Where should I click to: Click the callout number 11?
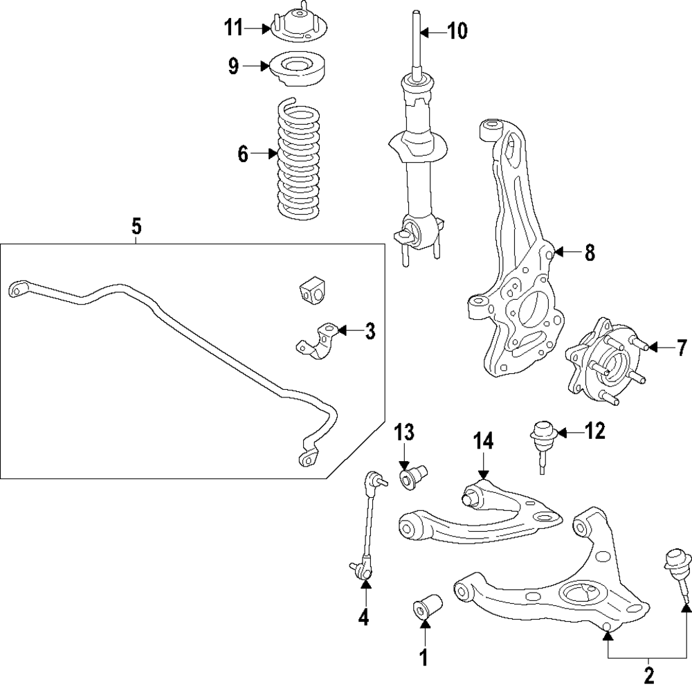[x=233, y=29]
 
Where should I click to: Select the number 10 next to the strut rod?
[x=457, y=31]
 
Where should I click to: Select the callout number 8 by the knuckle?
[x=589, y=253]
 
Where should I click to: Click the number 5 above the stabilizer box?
[x=136, y=225]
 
